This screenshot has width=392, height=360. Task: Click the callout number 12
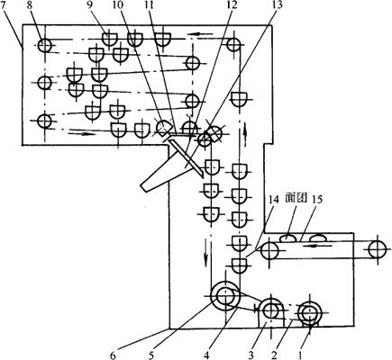click(x=232, y=5)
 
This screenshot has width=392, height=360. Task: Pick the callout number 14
click(x=274, y=201)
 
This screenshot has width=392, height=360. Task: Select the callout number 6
click(x=113, y=355)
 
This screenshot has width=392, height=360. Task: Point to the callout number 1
click(x=301, y=355)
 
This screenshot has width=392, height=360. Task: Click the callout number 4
click(x=206, y=355)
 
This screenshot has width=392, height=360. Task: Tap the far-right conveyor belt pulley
click(x=378, y=249)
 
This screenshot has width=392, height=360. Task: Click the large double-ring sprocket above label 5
click(x=225, y=296)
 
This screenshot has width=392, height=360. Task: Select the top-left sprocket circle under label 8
click(x=44, y=46)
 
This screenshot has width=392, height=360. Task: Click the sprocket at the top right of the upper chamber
click(x=233, y=45)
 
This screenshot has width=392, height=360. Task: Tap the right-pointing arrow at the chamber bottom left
click(x=81, y=133)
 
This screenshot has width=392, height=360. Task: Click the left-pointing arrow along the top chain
click(x=200, y=33)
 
